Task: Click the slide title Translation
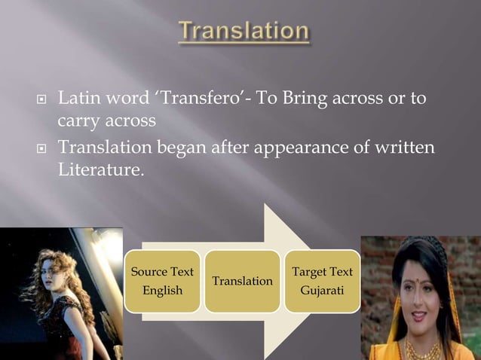(x=244, y=32)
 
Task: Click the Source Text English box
(x=162, y=281)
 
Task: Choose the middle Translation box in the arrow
(x=242, y=281)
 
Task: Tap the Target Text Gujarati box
(x=322, y=281)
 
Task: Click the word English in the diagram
(x=162, y=291)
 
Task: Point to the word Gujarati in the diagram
(x=322, y=291)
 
